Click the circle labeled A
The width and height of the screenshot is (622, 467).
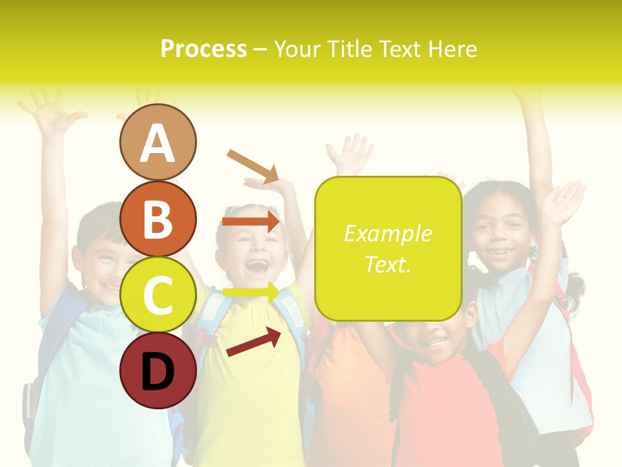[x=157, y=143]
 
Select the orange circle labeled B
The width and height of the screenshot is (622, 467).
[x=157, y=219]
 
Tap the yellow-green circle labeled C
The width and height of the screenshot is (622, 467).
[x=157, y=294]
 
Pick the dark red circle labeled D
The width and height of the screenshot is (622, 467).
[x=157, y=370]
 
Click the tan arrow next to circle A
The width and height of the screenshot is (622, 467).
[x=253, y=165]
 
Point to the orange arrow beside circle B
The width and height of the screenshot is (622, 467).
[x=251, y=222]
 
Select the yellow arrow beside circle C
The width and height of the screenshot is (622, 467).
[x=251, y=293]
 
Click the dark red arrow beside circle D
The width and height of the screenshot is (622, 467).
[x=253, y=342]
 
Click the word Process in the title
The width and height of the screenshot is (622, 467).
[x=203, y=49]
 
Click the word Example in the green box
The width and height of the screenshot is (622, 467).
[x=387, y=233]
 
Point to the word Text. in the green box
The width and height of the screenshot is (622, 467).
[x=387, y=265]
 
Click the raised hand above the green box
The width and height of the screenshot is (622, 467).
[x=351, y=154]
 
